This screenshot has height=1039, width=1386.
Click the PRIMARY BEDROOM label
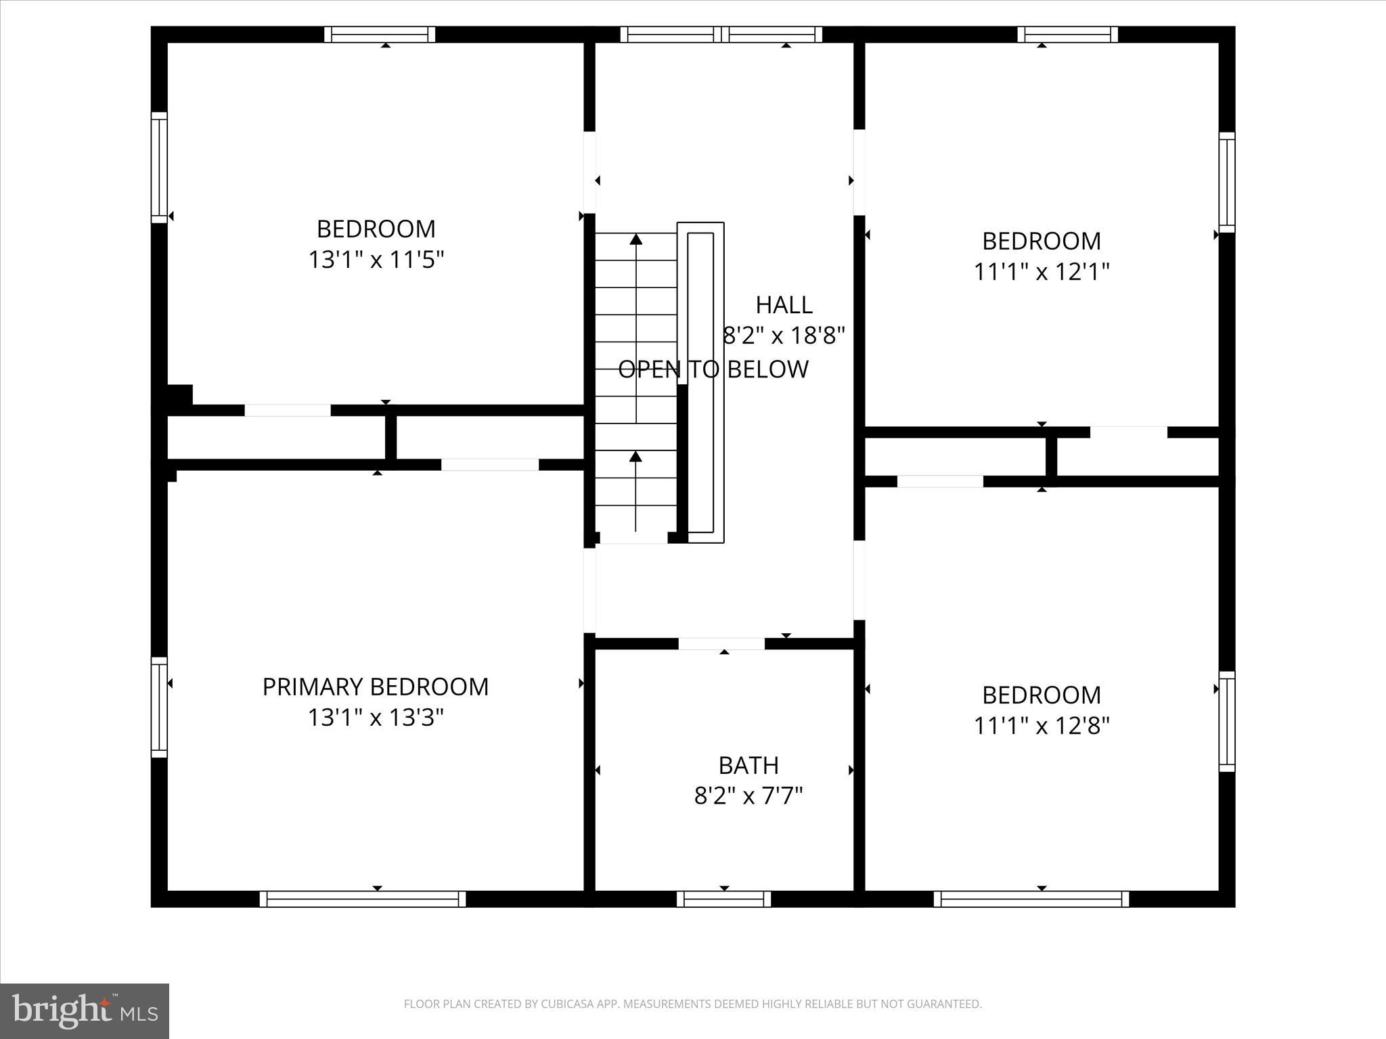pyautogui.click(x=375, y=687)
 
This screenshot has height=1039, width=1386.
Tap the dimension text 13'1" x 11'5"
pyautogui.click(x=376, y=260)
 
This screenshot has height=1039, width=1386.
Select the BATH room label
pyautogui.click(x=748, y=765)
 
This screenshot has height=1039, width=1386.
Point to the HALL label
pyautogui.click(x=784, y=305)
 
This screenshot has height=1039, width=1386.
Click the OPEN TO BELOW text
pyautogui.click(x=713, y=369)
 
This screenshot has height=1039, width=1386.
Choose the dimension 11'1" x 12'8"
pyautogui.click(x=1041, y=726)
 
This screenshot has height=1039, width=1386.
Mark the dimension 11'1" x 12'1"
pyautogui.click(x=1041, y=272)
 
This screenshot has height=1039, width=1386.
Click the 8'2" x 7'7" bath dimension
pyautogui.click(x=748, y=796)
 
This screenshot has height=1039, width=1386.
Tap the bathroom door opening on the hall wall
pyautogui.click(x=721, y=643)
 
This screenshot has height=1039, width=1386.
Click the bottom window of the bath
pyautogui.click(x=723, y=899)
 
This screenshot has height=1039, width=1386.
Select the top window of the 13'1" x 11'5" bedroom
pyautogui.click(x=379, y=34)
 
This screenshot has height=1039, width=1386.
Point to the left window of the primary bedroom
pyautogui.click(x=158, y=707)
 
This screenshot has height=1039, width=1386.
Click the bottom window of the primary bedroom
pyautogui.click(x=363, y=899)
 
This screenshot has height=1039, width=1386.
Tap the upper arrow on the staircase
pyautogui.click(x=635, y=240)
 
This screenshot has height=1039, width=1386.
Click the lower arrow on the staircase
pyautogui.click(x=635, y=458)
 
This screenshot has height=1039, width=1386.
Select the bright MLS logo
pyautogui.click(x=84, y=1011)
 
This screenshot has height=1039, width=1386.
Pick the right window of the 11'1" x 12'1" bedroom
pyautogui.click(x=1226, y=183)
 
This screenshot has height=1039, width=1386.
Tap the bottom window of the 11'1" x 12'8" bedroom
pyautogui.click(x=1031, y=899)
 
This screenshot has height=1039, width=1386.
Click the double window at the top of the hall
pyautogui.click(x=721, y=34)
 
